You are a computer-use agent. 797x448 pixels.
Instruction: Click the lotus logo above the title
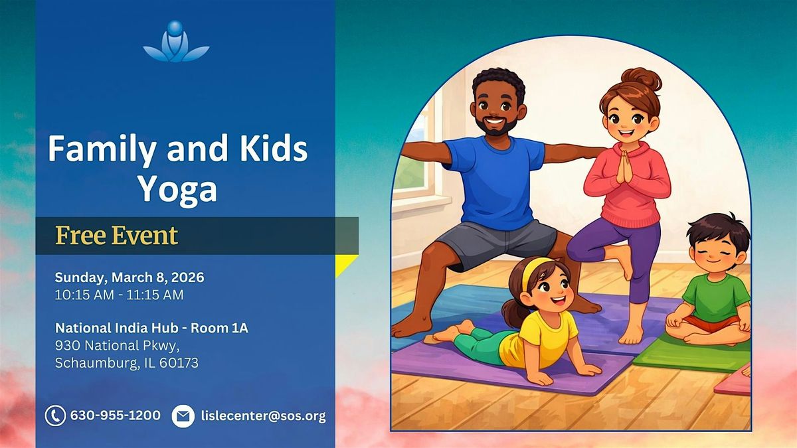point(176,42)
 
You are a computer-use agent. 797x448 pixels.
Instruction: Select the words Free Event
point(117,236)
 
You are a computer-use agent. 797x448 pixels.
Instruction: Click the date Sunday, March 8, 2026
point(130,277)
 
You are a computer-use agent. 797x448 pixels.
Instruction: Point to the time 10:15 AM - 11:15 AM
point(119,295)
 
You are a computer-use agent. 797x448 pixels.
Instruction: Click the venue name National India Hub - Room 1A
point(151,328)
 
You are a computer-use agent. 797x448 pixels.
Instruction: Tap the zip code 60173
point(179,363)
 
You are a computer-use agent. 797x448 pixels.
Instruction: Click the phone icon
point(55,415)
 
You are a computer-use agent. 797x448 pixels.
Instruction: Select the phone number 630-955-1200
point(116,415)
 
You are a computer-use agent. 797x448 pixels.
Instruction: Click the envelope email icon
point(183,416)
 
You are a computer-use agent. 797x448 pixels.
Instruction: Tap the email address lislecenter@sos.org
point(263,416)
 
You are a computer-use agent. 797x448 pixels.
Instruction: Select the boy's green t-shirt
point(715,297)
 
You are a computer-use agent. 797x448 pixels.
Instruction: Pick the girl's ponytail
point(513,313)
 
